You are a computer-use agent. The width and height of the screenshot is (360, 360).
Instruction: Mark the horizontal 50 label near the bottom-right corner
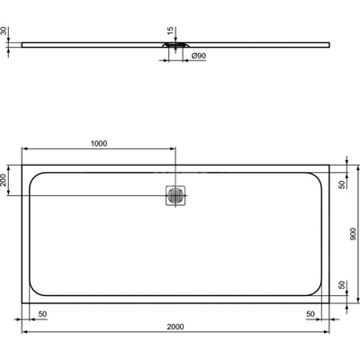(x=310, y=314)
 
